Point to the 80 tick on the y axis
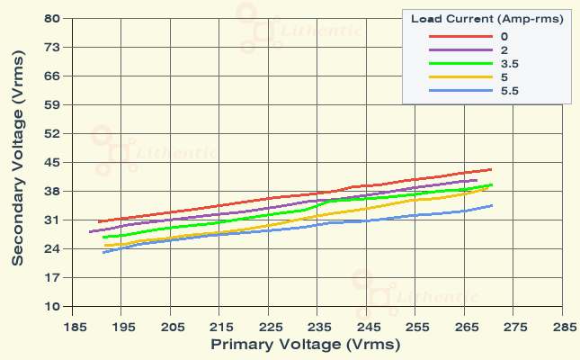(51, 18)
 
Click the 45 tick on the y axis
(51, 162)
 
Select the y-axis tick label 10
(51, 306)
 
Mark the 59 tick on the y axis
(51, 104)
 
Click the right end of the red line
(491, 169)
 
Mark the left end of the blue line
(103, 252)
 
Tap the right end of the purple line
(477, 180)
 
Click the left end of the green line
(103, 238)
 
